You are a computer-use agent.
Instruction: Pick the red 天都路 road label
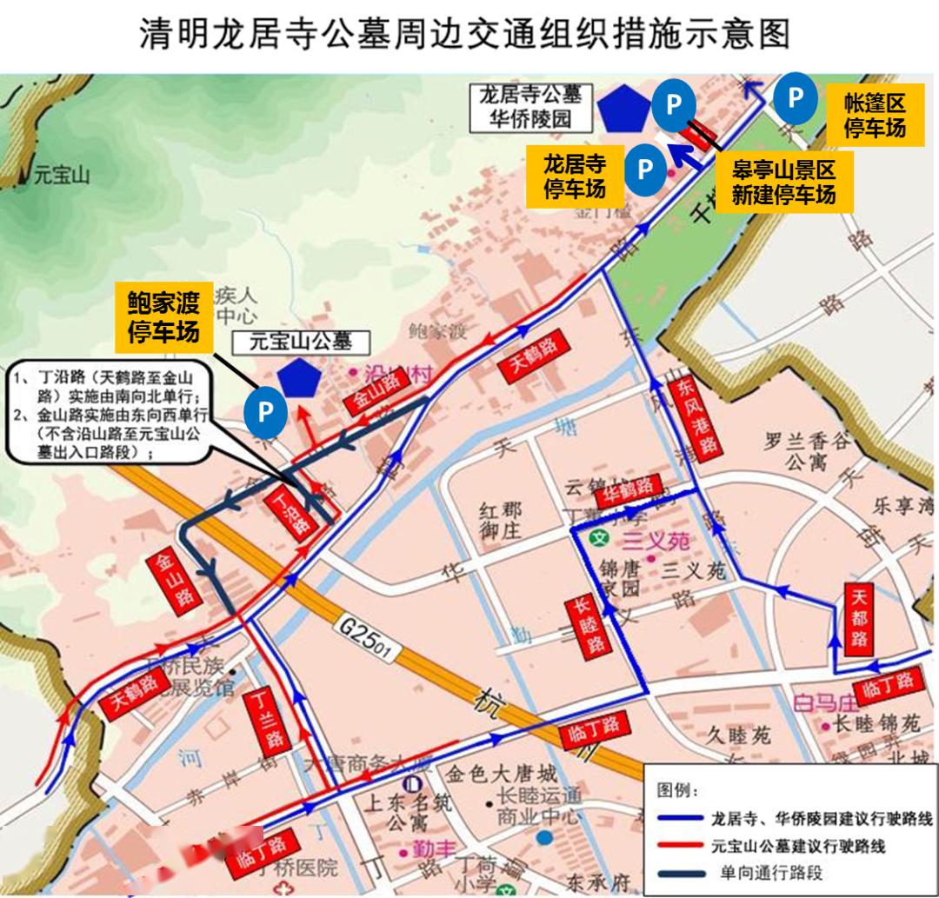[x=860, y=620]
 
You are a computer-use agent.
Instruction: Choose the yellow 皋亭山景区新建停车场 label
[x=782, y=182]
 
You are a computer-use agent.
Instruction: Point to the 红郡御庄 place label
[x=501, y=518]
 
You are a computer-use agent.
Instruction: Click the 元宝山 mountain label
[x=61, y=176]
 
